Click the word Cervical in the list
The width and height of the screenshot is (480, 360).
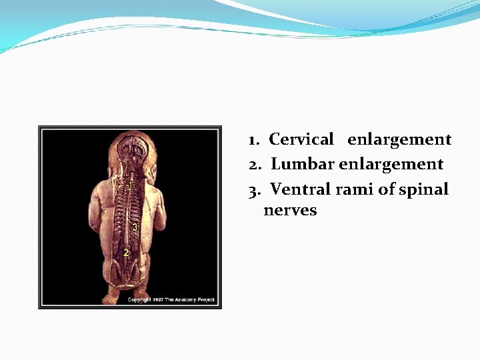[301, 140]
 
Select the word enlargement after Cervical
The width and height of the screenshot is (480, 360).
[399, 140]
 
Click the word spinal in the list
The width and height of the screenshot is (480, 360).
[424, 190]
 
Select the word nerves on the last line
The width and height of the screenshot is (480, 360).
[290, 211]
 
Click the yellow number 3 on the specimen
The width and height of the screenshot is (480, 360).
[135, 227]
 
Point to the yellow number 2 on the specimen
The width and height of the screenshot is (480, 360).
[125, 253]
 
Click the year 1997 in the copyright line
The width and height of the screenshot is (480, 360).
[157, 300]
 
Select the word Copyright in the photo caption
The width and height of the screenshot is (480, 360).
[139, 300]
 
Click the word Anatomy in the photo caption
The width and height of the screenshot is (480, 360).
[187, 300]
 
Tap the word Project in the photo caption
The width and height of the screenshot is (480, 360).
[207, 300]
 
